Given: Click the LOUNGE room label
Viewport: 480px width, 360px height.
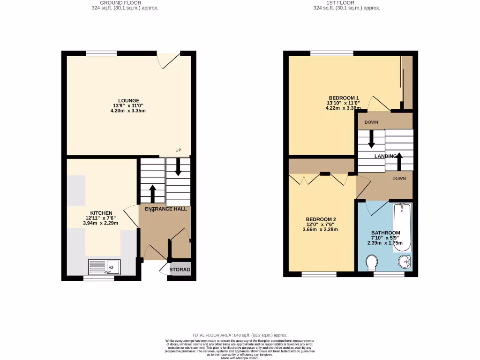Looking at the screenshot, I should pos(128,101).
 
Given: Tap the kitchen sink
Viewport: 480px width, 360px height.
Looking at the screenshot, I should pos(105,267).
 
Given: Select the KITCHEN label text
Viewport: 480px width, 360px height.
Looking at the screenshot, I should pos(101,213).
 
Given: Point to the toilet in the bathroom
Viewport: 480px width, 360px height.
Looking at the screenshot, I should pos(371,262).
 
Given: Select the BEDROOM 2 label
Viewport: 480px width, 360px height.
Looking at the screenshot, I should pos(321,219).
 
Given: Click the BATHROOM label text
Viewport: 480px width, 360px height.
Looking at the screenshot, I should pos(385,233).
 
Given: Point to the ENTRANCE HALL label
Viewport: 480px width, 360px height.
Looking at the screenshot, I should pos(165,209).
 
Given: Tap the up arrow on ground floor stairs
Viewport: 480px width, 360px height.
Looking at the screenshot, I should pos(153,193).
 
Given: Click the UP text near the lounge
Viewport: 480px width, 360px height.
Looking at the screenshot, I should pos(178,150).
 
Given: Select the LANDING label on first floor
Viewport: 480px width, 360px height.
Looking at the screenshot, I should pos(386,157).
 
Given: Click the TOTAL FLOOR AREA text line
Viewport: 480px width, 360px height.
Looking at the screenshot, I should pos(240,336).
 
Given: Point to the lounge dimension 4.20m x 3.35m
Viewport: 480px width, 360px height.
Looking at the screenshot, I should pos(128,111).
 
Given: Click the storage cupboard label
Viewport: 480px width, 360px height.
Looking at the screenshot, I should pos(180,270).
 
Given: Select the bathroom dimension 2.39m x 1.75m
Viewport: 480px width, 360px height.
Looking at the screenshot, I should pos(385,243).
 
